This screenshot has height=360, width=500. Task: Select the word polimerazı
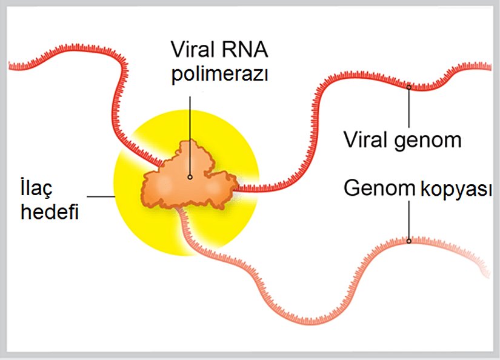(x=220, y=75)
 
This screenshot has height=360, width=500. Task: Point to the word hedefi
(x=50, y=213)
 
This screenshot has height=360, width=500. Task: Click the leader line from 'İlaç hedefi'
(x=101, y=196)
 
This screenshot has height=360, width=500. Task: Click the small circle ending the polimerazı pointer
(x=190, y=177)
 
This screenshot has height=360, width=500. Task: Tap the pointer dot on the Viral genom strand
(x=409, y=87)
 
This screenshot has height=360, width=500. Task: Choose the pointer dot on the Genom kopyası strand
(x=409, y=241)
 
